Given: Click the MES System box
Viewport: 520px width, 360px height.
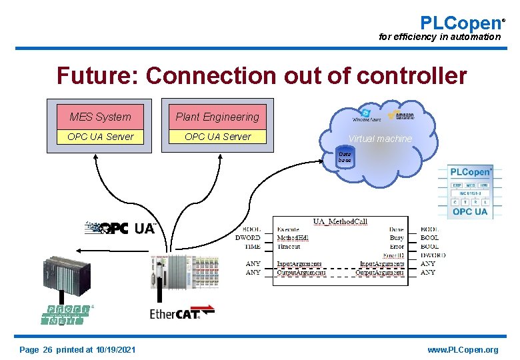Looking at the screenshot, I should [100, 117].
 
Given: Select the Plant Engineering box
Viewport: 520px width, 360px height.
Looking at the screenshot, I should [217, 117].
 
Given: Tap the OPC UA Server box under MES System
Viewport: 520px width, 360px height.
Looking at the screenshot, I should [100, 137].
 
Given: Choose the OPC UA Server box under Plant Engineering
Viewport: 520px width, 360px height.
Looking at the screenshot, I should [217, 137].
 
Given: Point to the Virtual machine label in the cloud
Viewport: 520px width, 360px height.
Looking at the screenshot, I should [379, 139].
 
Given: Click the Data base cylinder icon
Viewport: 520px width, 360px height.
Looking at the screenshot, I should [345, 157].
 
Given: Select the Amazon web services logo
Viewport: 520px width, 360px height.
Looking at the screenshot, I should [401, 115].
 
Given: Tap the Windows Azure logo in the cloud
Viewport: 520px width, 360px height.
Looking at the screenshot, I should [366, 115].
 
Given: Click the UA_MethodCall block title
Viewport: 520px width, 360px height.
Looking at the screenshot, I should [341, 221].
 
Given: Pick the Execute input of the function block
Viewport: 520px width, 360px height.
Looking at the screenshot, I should [289, 229].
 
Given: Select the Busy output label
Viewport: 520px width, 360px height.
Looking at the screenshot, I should [396, 237].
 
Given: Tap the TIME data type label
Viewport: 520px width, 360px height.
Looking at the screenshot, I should [252, 246].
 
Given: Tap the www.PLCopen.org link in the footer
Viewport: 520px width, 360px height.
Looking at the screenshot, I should [463, 350].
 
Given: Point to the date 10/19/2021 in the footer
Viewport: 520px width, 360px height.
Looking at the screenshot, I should [115, 350].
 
